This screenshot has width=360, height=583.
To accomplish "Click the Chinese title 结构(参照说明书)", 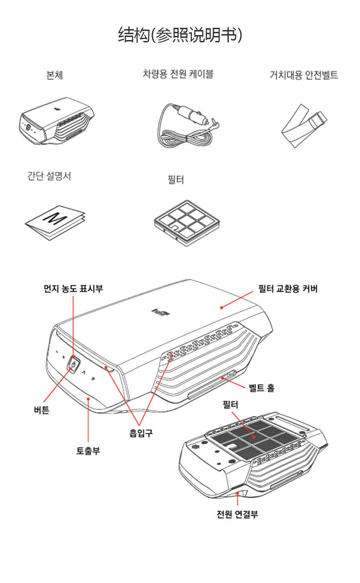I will [x=180, y=35].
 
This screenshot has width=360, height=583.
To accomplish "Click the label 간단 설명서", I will [x=49, y=176].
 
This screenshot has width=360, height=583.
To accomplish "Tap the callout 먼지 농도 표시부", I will [x=73, y=288].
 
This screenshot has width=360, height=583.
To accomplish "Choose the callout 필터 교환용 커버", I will [x=288, y=289].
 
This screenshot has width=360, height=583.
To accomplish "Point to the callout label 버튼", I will [x=41, y=410].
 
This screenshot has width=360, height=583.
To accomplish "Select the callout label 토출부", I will [x=88, y=451].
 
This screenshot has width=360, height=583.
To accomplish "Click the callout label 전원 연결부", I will [x=237, y=515].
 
